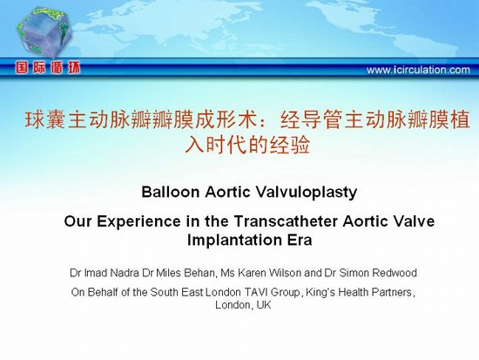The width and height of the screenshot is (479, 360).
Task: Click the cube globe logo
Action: pos(44,32)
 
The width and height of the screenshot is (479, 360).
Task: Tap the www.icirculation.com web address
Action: pos(418,70)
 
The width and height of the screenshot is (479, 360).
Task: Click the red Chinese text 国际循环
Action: pos(48,68)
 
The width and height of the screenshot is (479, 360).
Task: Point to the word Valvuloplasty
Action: pos(306,193)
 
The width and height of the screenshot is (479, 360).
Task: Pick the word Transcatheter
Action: pos(287,221)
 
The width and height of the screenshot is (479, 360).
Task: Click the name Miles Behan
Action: pos(186,272)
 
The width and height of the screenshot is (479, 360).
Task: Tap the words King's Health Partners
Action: pos(359,292)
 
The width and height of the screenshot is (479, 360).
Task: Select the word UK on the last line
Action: pos(264,305)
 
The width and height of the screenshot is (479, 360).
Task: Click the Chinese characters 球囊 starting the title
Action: pos(45,119)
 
